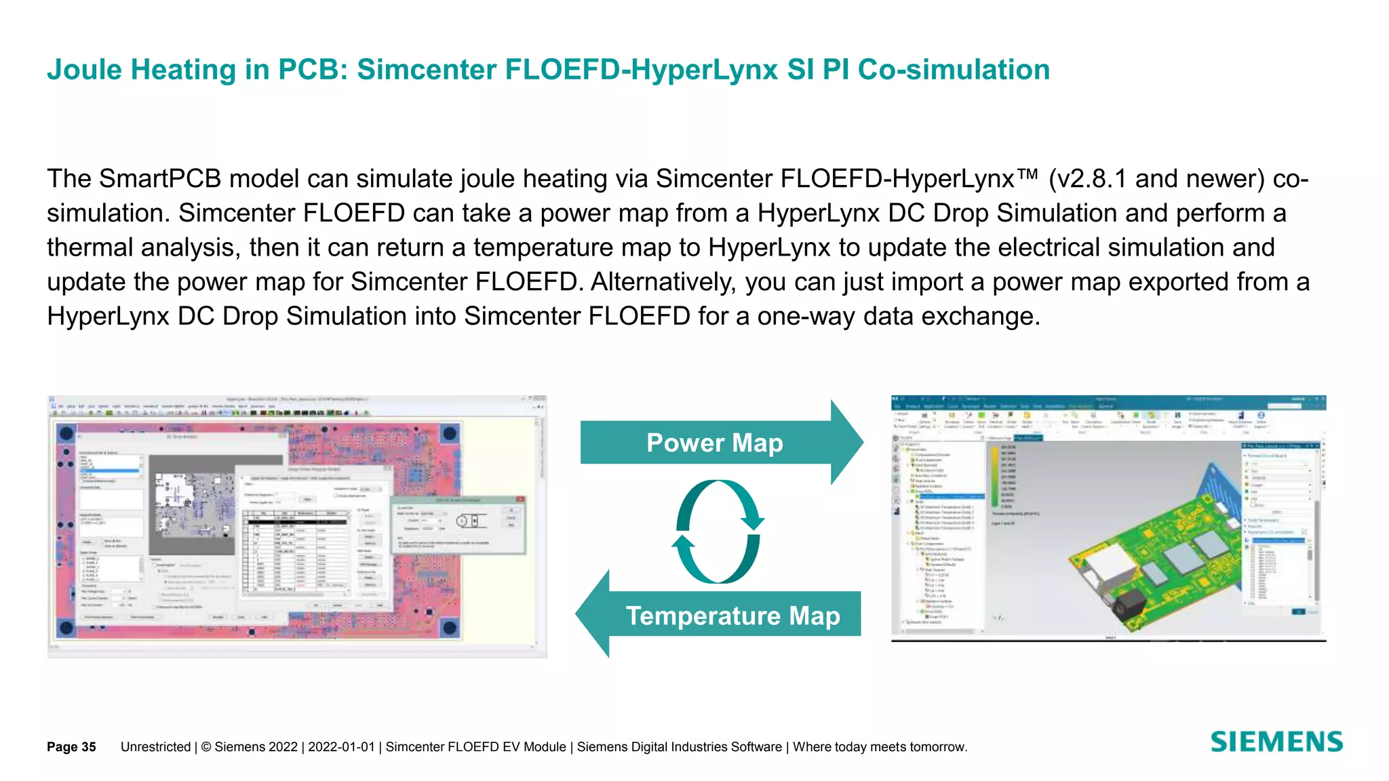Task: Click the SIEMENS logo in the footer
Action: (x=1276, y=742)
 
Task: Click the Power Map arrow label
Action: (x=715, y=443)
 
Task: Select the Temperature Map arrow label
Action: (x=732, y=616)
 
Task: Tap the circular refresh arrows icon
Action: (x=718, y=532)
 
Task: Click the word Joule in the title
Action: (x=84, y=70)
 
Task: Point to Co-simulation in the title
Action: (x=954, y=70)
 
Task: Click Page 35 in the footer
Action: (x=71, y=746)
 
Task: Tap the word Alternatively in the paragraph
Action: (x=663, y=282)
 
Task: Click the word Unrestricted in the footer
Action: (x=155, y=746)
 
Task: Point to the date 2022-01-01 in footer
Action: (x=341, y=746)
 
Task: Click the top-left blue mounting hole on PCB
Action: (x=66, y=433)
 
